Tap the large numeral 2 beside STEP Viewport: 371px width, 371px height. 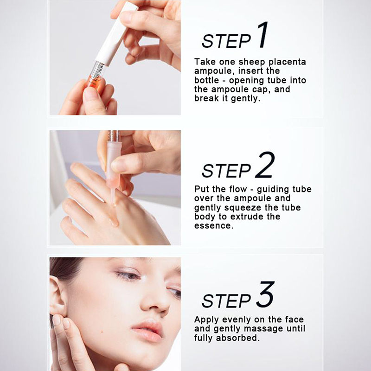click(x=265, y=165)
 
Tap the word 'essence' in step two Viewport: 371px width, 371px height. click(x=214, y=226)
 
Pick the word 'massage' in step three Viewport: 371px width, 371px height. click(x=263, y=329)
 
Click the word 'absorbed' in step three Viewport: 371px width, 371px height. click(x=238, y=338)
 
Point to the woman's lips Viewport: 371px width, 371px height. click(x=147, y=330)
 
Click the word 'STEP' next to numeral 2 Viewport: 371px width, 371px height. click(x=226, y=170)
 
